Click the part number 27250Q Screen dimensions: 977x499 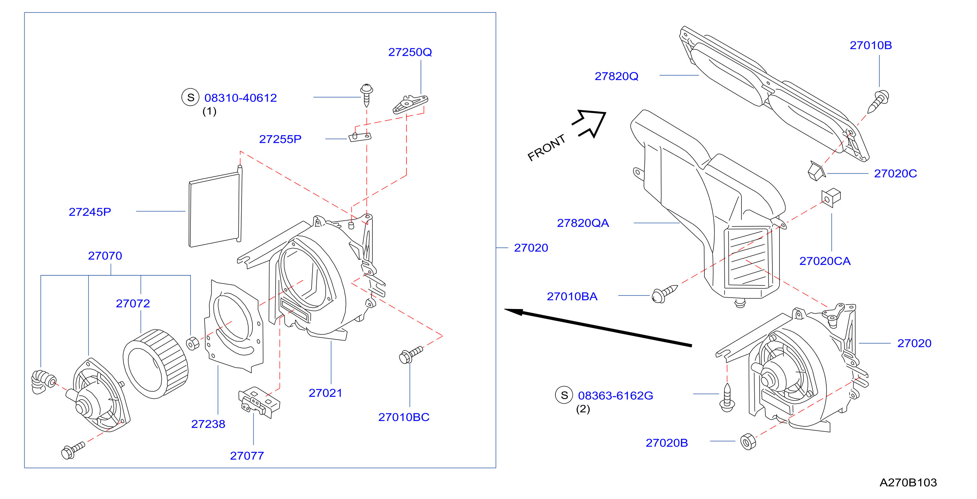coord(410,52)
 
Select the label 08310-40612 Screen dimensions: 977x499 coord(241,98)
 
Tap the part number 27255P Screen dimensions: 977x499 coord(280,139)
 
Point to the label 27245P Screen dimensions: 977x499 coord(90,212)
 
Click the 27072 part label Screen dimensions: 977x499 coord(133,303)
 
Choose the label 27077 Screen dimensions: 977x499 coord(247,456)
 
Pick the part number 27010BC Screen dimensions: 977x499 coord(404,417)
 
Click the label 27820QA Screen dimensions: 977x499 coord(583,223)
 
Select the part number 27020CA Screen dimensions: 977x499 coord(825,261)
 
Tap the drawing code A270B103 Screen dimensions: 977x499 coord(908,483)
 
